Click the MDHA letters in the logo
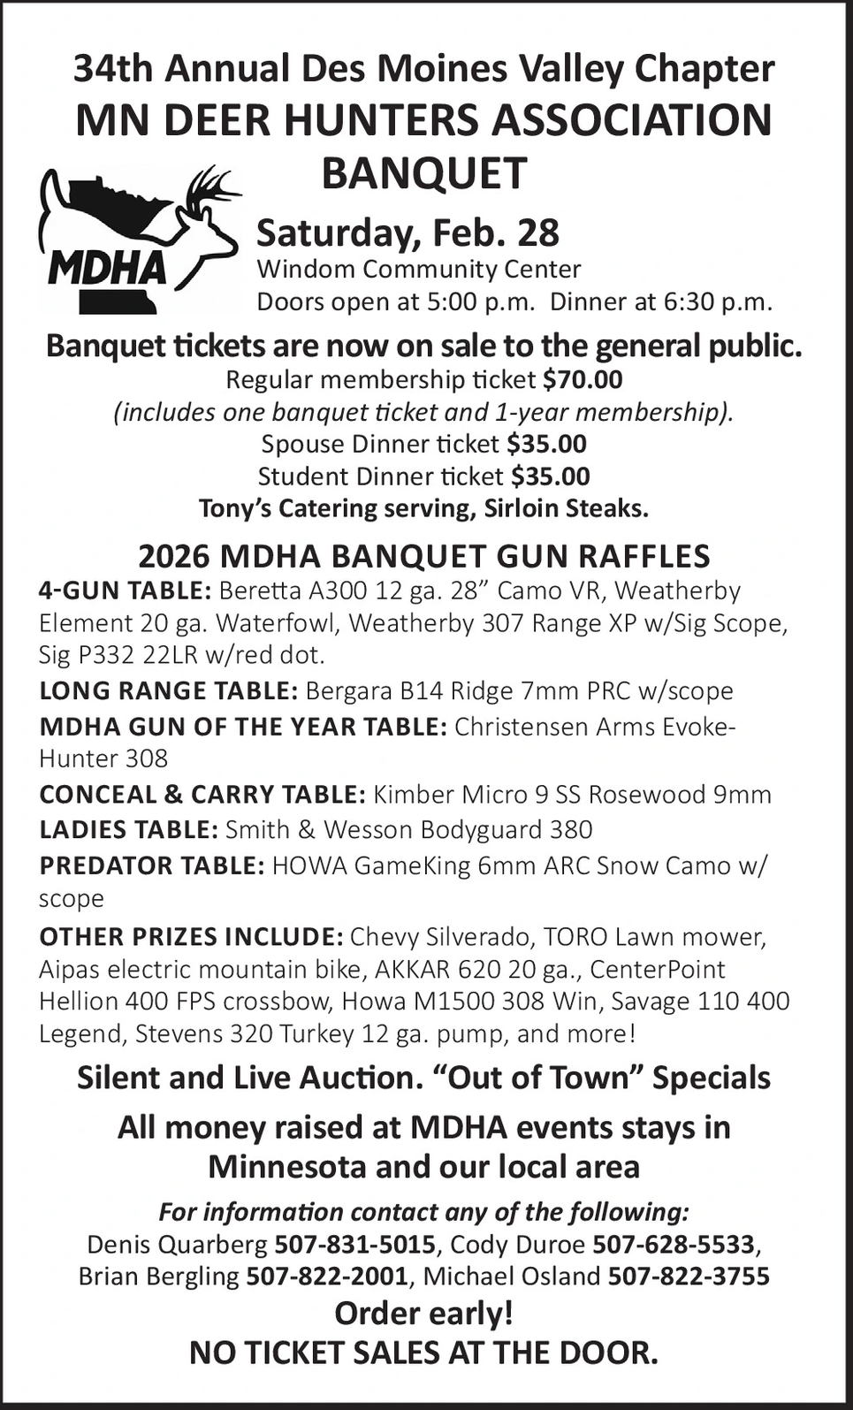point(107,268)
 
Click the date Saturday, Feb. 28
point(407,232)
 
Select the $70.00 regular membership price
point(583,379)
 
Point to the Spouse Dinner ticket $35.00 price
point(546,444)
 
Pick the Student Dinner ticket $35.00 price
point(550,476)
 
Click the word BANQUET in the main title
point(423,173)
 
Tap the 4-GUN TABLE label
point(125,590)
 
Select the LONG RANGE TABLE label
point(168,690)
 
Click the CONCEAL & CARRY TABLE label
point(202,794)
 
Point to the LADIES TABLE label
point(128,829)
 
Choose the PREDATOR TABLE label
point(151,865)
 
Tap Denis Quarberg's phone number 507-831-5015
point(354,1245)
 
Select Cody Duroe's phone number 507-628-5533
point(674,1245)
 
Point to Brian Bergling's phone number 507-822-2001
point(327,1277)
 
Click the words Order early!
point(423,1314)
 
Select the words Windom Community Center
point(418,269)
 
